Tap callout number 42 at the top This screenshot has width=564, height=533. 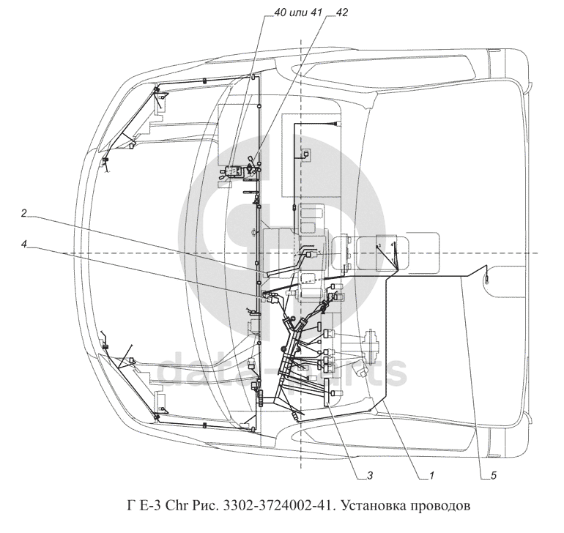[x=342, y=12]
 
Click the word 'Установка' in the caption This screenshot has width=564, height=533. [x=373, y=505]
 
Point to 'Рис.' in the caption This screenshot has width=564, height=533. [x=208, y=505]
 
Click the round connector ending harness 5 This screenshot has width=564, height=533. [x=488, y=276]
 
